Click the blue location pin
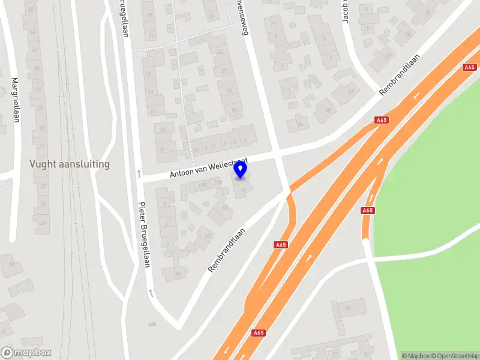coord(241,171)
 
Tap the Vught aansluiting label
coord(70,164)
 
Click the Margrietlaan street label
coord(16,100)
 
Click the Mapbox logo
coord(26,352)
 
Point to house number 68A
coord(152,325)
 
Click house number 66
coord(178,274)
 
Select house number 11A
coord(203,184)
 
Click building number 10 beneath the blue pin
coord(242,191)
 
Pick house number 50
coord(327,110)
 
